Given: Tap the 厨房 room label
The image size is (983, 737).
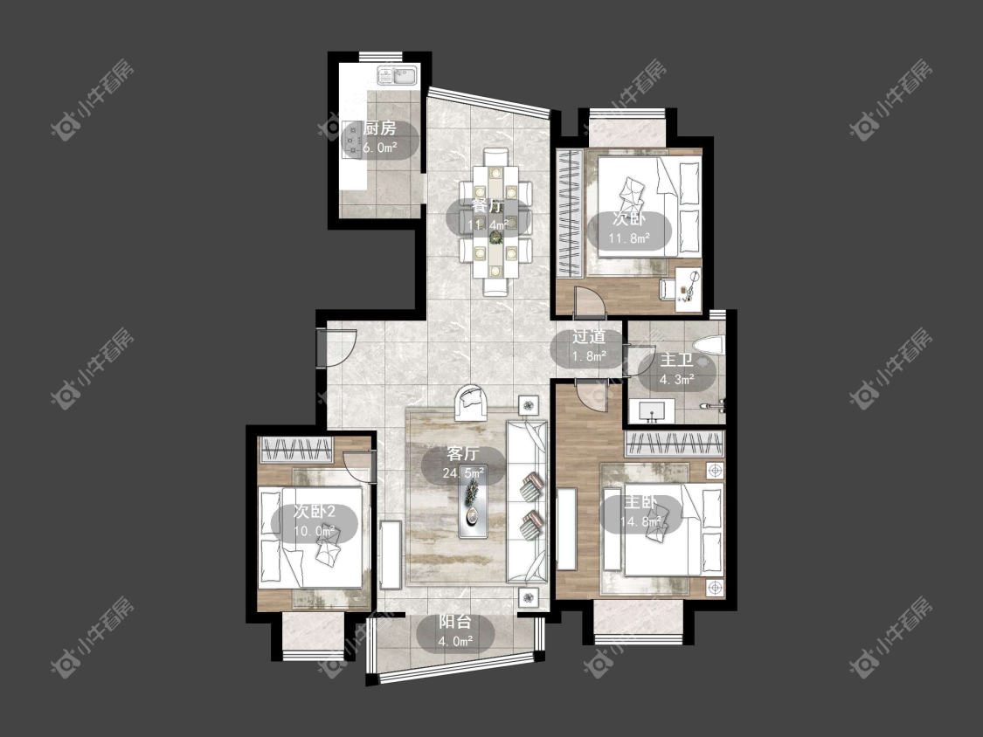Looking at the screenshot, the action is (x=380, y=128).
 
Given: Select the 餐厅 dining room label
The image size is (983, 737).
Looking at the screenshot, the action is (x=488, y=205).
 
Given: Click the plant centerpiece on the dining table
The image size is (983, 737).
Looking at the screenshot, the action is (x=496, y=237).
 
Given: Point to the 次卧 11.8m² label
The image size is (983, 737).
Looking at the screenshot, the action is (x=629, y=228).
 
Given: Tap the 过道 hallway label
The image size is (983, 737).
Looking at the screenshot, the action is (x=589, y=336).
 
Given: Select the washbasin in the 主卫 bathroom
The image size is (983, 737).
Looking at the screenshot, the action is (x=652, y=411).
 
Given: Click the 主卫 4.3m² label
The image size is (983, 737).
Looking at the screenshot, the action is (x=676, y=369).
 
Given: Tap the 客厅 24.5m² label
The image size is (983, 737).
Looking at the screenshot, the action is (x=463, y=463).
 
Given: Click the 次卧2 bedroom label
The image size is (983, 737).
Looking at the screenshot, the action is (x=315, y=512).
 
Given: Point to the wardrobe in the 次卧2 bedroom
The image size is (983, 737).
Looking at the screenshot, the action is (x=296, y=450).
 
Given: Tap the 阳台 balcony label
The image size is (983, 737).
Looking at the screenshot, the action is (x=454, y=622).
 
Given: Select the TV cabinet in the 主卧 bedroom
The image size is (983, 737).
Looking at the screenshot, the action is (x=567, y=529).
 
